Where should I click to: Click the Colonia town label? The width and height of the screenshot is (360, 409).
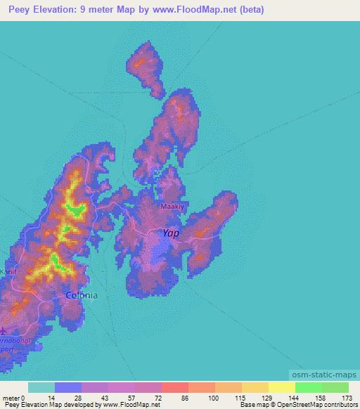coord(82,296)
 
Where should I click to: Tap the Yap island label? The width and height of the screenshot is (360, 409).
coord(171,233)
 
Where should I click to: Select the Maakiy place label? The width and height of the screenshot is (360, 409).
coord(172,208)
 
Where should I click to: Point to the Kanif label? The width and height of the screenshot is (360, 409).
coord(8,271)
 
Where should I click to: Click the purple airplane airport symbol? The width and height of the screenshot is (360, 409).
coord(4,329)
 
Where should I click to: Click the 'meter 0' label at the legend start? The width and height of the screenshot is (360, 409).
coord(14,398)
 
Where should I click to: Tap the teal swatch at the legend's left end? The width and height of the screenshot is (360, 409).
coord(41,387)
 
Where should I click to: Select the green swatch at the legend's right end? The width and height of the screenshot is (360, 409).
coord(335,387)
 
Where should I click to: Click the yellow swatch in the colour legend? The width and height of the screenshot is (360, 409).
coord(281,387)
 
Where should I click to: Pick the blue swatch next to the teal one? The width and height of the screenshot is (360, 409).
coord(68,387)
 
